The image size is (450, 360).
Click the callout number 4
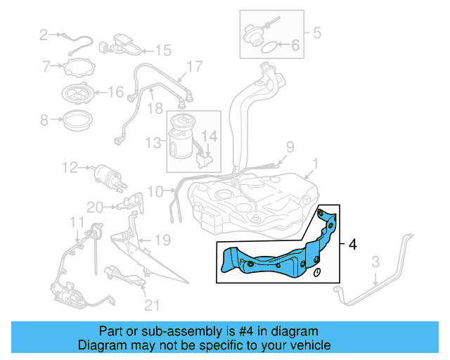click(352, 245)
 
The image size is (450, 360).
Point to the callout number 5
click(316, 32)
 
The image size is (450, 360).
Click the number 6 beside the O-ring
click(295, 46)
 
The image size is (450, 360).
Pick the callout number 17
click(194, 67)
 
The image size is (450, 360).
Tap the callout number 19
click(162, 240)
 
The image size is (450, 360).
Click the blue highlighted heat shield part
click(274, 255)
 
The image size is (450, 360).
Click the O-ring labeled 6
click(269, 49)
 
